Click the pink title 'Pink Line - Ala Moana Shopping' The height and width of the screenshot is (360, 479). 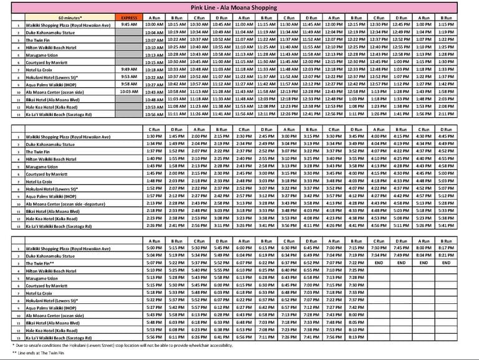click(239, 7)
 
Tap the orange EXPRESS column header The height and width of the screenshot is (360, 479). click(128, 18)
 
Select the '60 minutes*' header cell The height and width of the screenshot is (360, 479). click(69, 18)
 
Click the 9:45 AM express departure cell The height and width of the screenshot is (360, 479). click(128, 24)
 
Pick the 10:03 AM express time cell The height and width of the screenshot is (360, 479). click(128, 91)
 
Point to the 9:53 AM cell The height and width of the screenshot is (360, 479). click(128, 76)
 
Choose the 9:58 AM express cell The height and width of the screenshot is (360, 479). click(128, 84)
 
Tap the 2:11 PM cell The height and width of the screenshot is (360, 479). click(463, 114)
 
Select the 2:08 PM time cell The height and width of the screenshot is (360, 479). click(463, 107)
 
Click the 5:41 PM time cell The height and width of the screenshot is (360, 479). click(463, 225)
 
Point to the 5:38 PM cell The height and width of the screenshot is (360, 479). click(463, 217)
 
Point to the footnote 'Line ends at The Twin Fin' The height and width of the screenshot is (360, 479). click(47, 353)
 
